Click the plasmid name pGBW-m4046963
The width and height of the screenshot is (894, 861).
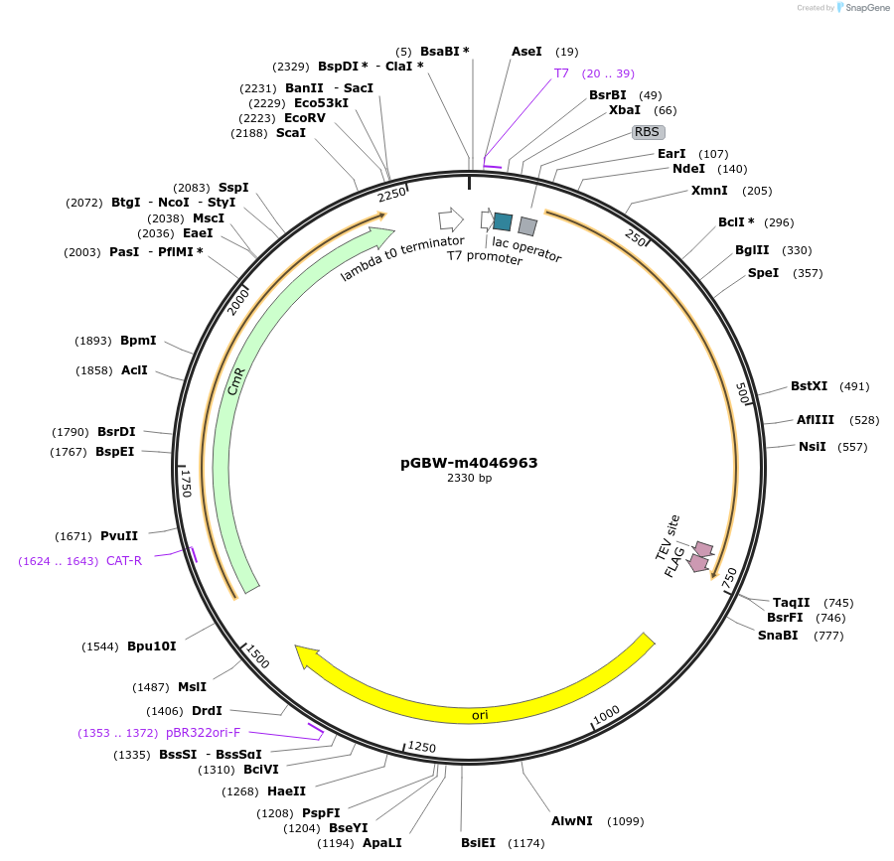pos(469,462)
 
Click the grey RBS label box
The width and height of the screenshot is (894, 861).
pos(648,132)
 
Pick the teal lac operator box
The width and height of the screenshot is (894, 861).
pos(503,221)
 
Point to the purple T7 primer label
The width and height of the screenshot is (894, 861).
pos(561,73)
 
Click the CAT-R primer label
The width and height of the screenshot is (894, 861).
pos(124,561)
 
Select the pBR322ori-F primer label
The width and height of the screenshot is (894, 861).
pos(203,733)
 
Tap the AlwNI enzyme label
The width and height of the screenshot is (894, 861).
pos(572,821)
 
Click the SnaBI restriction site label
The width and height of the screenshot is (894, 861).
pos(778,636)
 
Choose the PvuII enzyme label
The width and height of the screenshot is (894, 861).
pos(119,536)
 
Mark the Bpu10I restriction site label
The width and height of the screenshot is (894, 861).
pos(151,646)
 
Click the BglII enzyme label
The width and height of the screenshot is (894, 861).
pos(753,250)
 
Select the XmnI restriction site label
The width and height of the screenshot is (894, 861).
pos(709,191)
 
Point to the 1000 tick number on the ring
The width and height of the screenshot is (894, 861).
pos(606,715)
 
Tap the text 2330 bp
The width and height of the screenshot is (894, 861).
pos(469,479)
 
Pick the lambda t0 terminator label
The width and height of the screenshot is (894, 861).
pos(402,257)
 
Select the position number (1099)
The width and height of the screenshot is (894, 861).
pos(625,821)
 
